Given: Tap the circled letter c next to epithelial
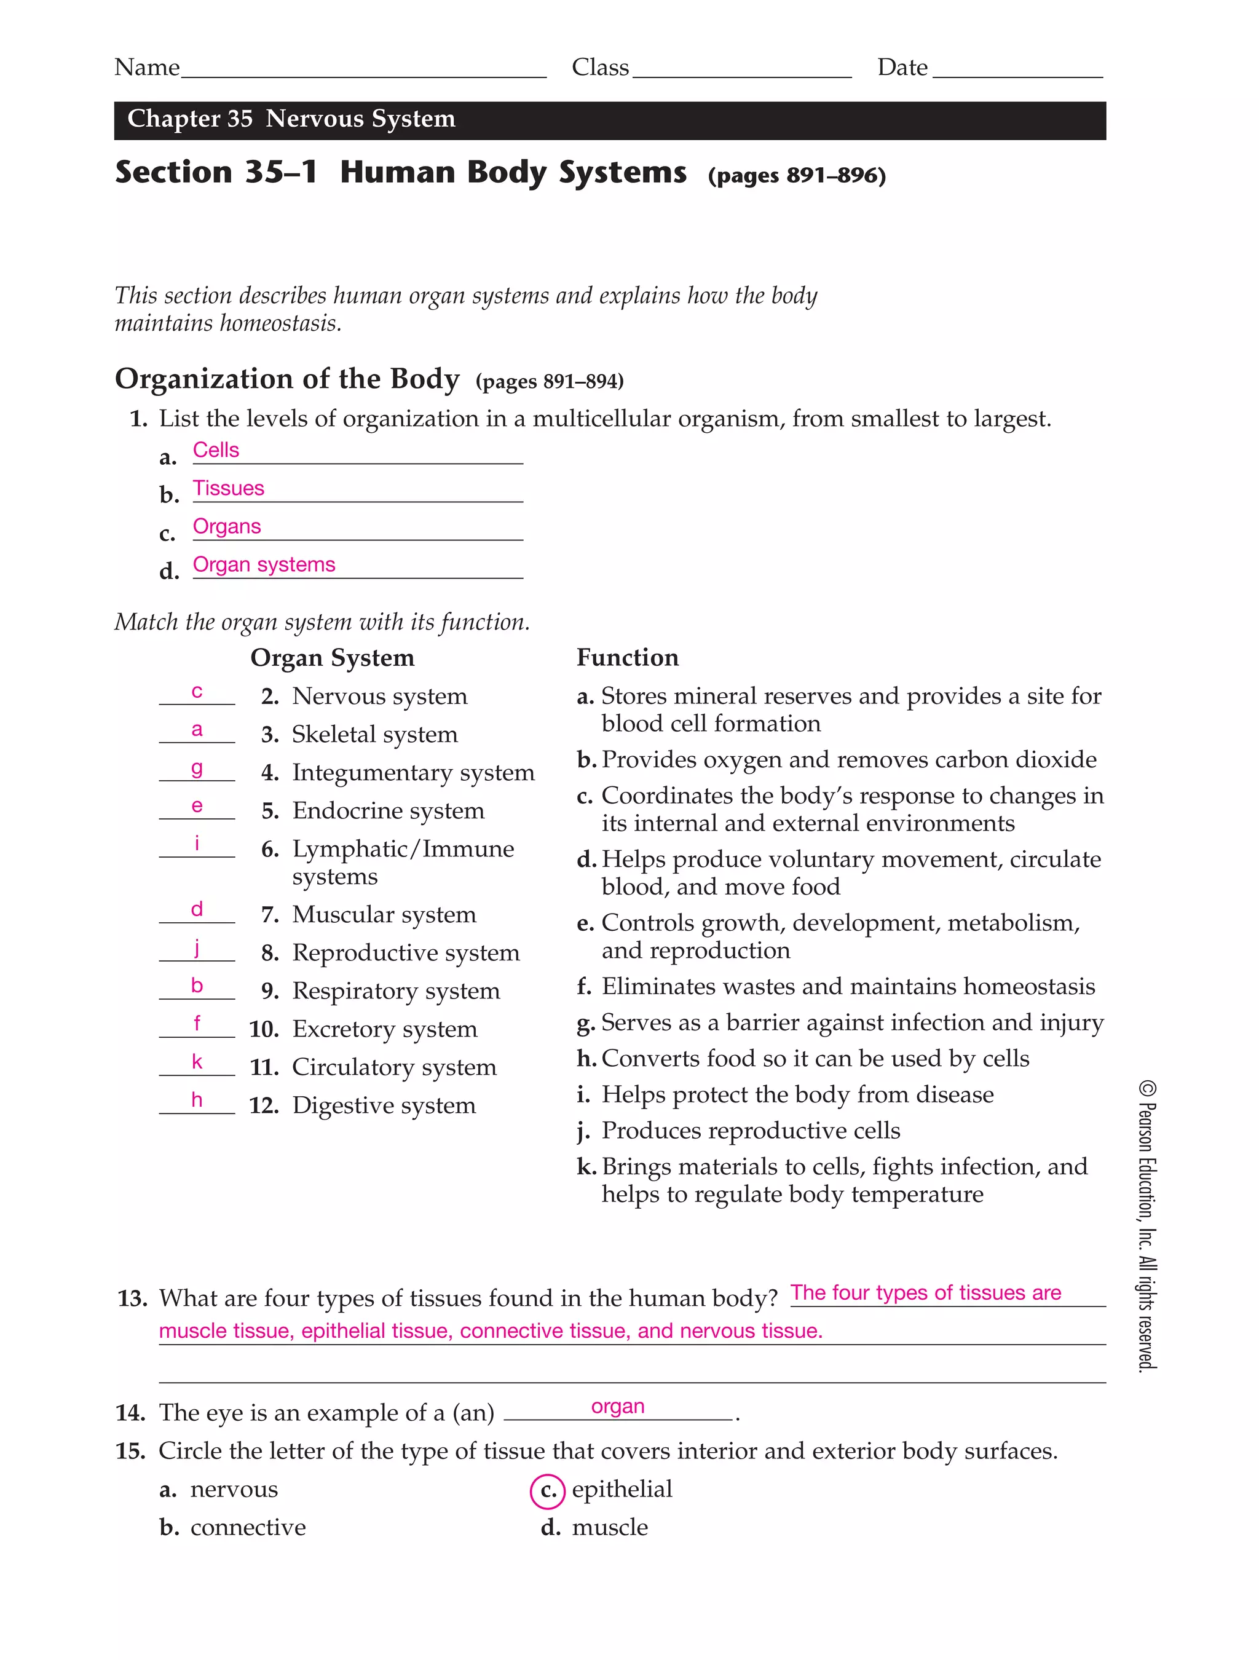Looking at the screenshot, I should click(x=547, y=1491).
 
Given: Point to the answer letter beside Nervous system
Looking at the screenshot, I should click(x=197, y=692).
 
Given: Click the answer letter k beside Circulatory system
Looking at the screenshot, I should click(x=197, y=1062).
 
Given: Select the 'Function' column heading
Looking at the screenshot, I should click(x=626, y=658).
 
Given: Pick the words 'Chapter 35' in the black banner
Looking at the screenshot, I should click(x=189, y=119).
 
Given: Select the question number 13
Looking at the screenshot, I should click(x=132, y=1299).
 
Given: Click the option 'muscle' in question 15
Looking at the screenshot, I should click(x=609, y=1528).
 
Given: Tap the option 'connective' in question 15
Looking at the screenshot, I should click(x=248, y=1528).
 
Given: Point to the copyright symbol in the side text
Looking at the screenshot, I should click(x=1147, y=1088).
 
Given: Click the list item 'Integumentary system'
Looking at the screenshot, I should click(x=412, y=773).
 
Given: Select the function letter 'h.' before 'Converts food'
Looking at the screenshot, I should click(x=586, y=1059).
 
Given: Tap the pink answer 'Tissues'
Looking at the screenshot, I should click(x=228, y=489).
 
